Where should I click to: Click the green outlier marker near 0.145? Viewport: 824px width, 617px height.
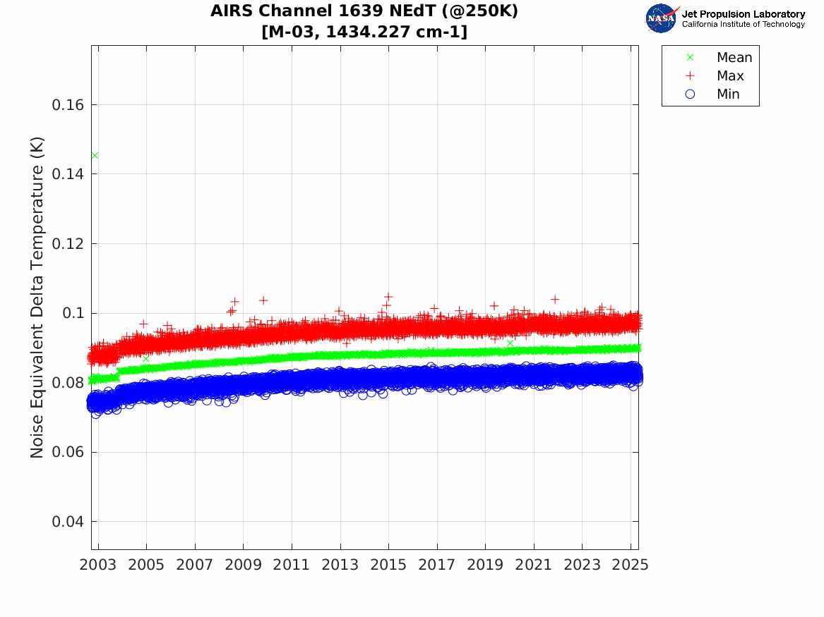pyautogui.click(x=95, y=155)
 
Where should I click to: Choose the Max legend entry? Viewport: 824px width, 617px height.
pyautogui.click(x=715, y=75)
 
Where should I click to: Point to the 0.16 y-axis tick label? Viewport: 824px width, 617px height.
pyautogui.click(x=68, y=105)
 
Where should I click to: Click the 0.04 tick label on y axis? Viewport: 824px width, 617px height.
pyautogui.click(x=68, y=522)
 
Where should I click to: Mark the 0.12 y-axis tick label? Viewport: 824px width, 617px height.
pyautogui.click(x=68, y=244)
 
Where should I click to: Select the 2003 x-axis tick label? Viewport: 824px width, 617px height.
pyautogui.click(x=97, y=565)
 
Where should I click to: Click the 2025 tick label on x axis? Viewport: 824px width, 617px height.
pyautogui.click(x=631, y=565)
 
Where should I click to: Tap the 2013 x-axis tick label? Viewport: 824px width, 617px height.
pyautogui.click(x=340, y=565)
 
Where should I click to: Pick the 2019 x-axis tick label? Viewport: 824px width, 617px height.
pyautogui.click(x=485, y=565)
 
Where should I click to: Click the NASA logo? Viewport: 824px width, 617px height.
pyautogui.click(x=662, y=18)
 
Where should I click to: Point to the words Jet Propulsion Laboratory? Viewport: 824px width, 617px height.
pyautogui.click(x=744, y=14)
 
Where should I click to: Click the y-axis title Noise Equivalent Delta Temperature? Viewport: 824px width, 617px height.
pyautogui.click(x=37, y=298)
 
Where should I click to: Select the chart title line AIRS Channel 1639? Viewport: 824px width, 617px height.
pyautogui.click(x=364, y=11)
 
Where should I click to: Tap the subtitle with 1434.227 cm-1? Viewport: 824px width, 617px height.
pyautogui.click(x=364, y=32)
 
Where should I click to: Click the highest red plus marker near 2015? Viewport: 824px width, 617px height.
pyautogui.click(x=388, y=297)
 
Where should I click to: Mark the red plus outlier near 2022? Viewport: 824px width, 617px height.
pyautogui.click(x=555, y=299)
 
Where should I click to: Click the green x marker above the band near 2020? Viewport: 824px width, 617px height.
pyautogui.click(x=510, y=343)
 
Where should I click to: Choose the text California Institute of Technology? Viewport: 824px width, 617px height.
pyautogui.click(x=744, y=24)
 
